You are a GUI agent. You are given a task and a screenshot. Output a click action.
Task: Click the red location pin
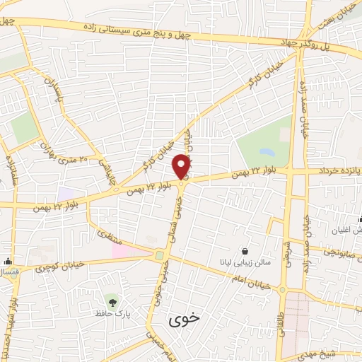click(182, 165)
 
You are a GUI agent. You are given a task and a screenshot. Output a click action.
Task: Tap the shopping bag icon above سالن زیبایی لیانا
click(245, 250)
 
